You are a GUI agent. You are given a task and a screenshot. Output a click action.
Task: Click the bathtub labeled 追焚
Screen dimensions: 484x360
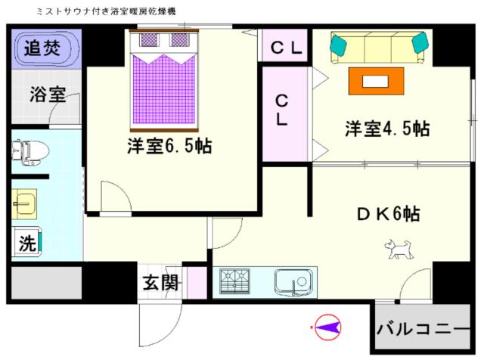coord(46,48)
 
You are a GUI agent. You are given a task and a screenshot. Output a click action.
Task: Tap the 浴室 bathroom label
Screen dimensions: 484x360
coord(48,95)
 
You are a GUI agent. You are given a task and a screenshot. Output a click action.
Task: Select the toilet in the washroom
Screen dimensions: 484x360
coord(30,153)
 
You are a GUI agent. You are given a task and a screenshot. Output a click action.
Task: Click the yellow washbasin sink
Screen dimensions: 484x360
coord(24,204)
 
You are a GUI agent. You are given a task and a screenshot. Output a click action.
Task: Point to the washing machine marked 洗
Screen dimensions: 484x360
coord(26,242)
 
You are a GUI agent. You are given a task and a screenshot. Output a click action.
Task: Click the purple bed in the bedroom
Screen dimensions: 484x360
coord(164,80)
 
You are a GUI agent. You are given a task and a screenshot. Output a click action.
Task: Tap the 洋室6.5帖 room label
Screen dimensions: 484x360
coord(169,146)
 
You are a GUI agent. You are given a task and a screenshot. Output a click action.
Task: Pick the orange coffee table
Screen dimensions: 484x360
coord(376,81)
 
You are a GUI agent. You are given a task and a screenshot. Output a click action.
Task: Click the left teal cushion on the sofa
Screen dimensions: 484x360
coord(338,44)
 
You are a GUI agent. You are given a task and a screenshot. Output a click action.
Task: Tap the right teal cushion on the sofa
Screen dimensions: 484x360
coord(420,43)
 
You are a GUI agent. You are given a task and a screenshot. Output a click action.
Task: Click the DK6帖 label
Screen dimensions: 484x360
coord(388,213)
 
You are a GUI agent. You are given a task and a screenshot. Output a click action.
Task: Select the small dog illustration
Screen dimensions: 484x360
coord(399,249)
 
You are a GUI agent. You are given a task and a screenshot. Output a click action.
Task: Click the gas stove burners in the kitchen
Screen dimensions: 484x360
coord(234,281)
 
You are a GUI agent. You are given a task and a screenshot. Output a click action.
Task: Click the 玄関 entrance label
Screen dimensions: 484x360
coord(160,282)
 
